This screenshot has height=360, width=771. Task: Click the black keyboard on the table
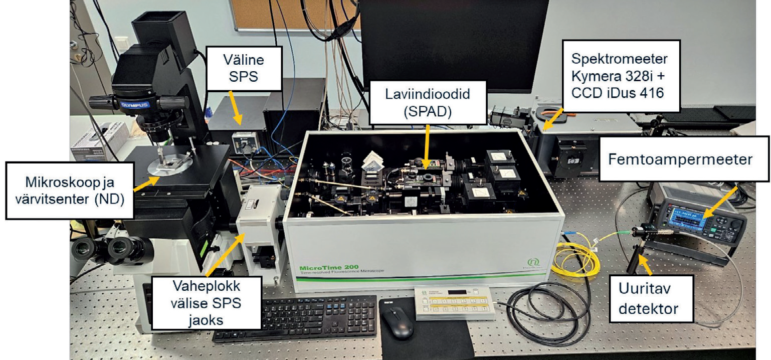pyautogui.click(x=295, y=319)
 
